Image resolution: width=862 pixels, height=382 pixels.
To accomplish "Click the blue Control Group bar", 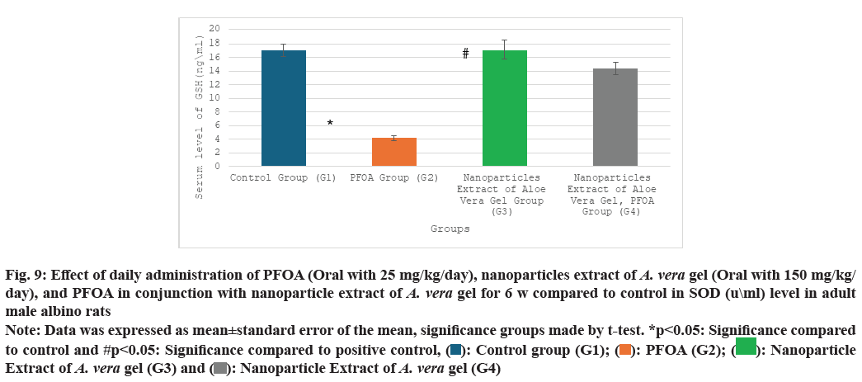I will pyautogui.click(x=283, y=108).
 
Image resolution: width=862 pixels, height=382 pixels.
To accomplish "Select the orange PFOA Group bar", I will pyautogui.click(x=393, y=152).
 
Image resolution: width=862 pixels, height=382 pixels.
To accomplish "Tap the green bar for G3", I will pyautogui.click(x=504, y=108).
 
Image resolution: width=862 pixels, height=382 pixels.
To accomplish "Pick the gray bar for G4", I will pyautogui.click(x=615, y=117).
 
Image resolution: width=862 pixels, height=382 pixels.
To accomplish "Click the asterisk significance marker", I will pyautogui.click(x=330, y=124).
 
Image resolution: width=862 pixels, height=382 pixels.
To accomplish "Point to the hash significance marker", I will pyautogui.click(x=465, y=54).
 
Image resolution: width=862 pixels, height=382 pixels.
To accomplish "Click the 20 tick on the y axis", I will pyautogui.click(x=214, y=29).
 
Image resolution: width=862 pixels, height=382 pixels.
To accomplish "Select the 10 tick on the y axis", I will pyautogui.click(x=214, y=97).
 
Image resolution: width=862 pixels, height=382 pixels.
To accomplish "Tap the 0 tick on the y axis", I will pyautogui.click(x=216, y=167).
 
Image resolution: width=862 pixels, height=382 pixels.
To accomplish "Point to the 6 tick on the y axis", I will pyautogui.click(x=216, y=125).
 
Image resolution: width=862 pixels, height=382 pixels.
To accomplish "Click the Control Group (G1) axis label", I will pyautogui.click(x=283, y=177).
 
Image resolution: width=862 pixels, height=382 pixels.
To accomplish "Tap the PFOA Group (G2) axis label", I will pyautogui.click(x=393, y=177).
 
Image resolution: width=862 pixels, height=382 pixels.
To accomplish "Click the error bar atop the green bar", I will pyautogui.click(x=504, y=50).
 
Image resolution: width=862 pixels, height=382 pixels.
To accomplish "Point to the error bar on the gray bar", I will pyautogui.click(x=615, y=68).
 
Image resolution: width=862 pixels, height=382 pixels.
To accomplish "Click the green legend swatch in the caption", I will pyautogui.click(x=746, y=347).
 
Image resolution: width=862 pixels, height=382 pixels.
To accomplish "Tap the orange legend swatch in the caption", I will pyautogui.click(x=625, y=350).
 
